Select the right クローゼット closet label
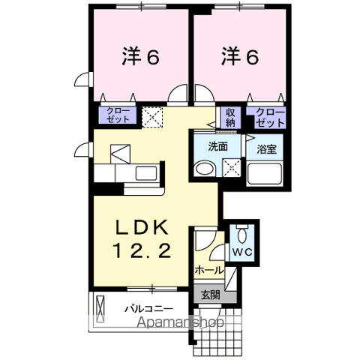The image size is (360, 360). point(270,116)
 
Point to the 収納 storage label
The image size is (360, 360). point(230,117)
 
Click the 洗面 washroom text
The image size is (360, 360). point(218,145)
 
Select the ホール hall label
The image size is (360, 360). point(208,269)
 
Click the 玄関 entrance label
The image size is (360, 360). point(211,295)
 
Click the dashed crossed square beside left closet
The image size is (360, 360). point(152,115)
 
